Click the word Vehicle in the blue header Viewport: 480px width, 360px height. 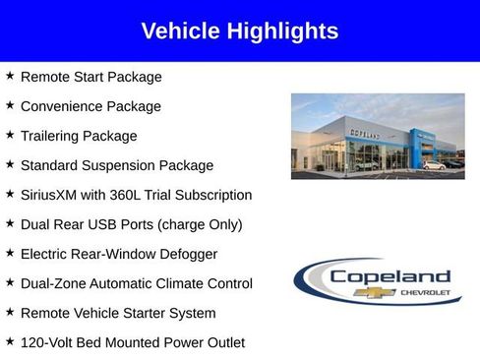[x=179, y=31]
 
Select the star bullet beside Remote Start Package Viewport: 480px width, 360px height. [x=10, y=76]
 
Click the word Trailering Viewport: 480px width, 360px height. [x=51, y=136]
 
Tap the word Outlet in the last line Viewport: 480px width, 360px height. [x=222, y=342]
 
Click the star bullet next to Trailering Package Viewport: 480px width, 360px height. [x=10, y=135]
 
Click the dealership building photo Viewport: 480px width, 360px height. [x=378, y=136]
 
